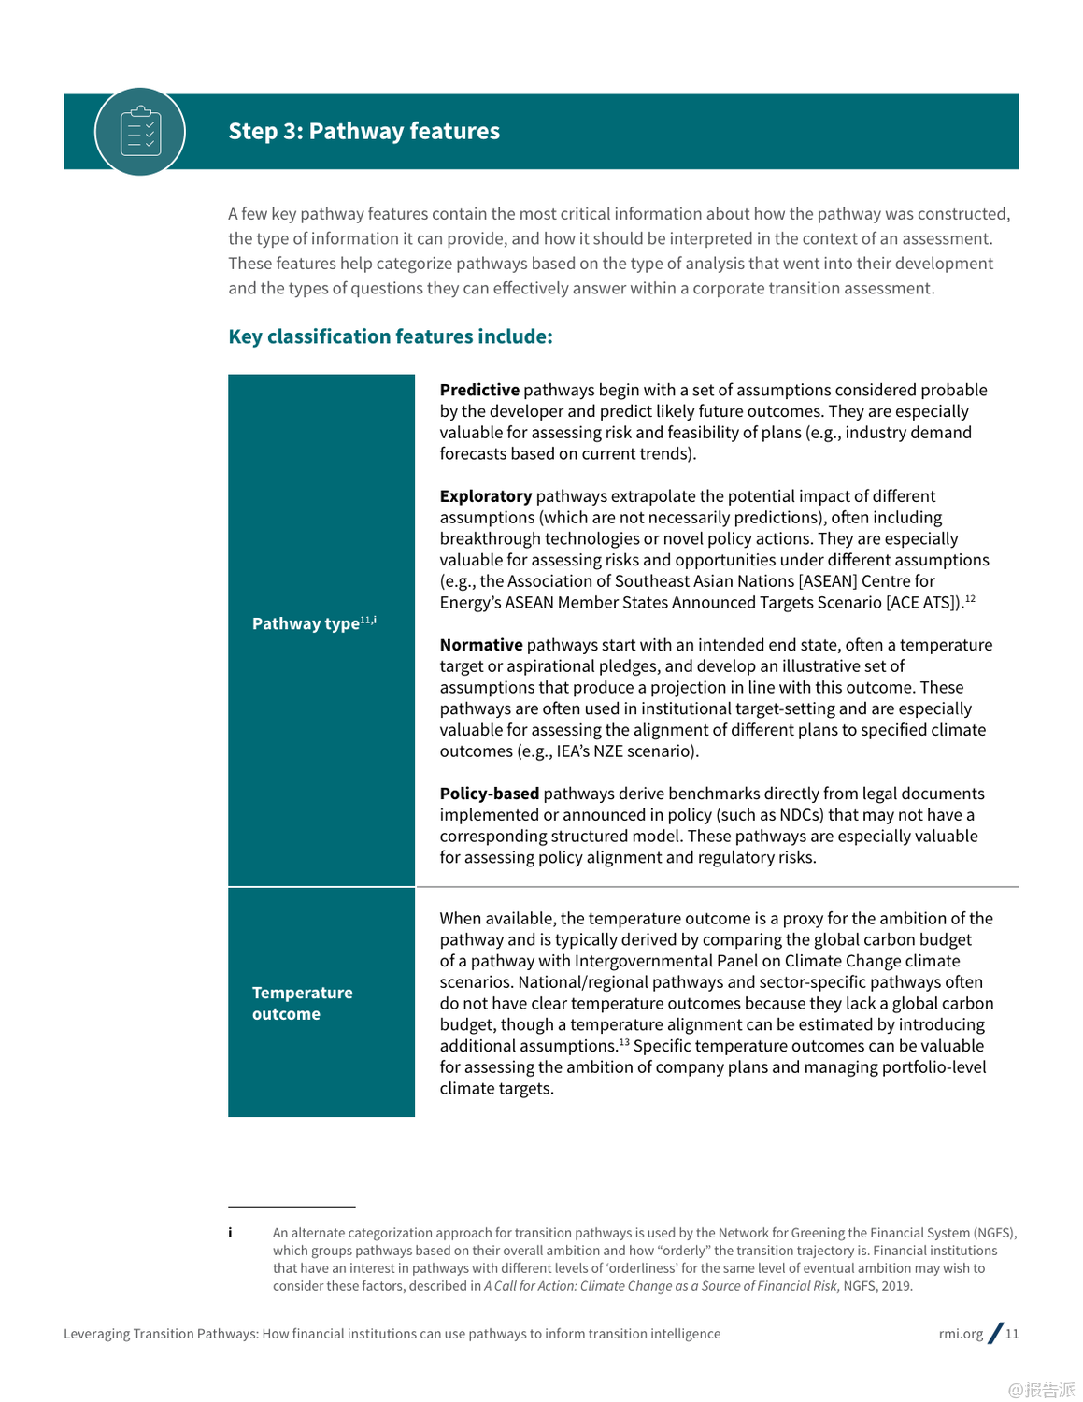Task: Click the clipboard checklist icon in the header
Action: tap(140, 132)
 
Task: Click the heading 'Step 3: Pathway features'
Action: tap(363, 131)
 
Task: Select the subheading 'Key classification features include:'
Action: tap(390, 336)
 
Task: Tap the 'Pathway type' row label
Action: tap(306, 623)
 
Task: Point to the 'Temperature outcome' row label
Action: tap(302, 1003)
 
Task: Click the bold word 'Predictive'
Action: tap(479, 390)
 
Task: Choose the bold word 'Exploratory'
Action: tap(486, 496)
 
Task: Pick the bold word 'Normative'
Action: tap(481, 645)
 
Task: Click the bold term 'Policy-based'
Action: tap(490, 794)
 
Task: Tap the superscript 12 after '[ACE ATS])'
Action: tap(970, 598)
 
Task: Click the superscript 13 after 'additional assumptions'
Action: tap(623, 1042)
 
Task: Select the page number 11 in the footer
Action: tap(1012, 1334)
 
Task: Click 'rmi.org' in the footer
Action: tap(961, 1334)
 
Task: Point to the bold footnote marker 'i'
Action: tap(230, 1233)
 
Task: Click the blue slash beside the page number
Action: tap(995, 1333)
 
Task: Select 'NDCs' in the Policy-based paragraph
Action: tap(801, 815)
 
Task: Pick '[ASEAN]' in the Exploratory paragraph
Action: tap(828, 581)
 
